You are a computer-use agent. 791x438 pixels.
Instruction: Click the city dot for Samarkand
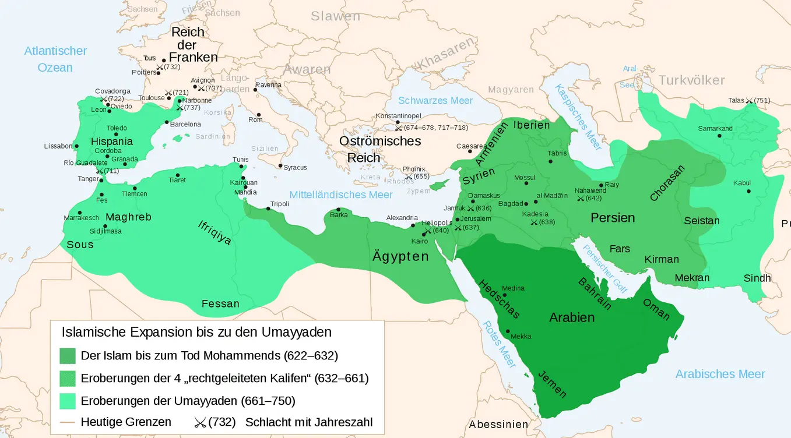click(719, 136)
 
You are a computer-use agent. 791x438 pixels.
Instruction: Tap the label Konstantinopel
click(398, 116)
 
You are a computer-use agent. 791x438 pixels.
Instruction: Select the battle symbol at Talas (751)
click(749, 101)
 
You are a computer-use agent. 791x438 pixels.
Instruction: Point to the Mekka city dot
click(508, 331)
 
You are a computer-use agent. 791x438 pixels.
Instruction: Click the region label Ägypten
click(400, 256)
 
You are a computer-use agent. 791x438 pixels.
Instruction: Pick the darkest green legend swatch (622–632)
click(68, 355)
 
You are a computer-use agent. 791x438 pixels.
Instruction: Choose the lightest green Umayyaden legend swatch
click(68, 401)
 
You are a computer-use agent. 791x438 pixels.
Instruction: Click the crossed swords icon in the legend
click(200, 422)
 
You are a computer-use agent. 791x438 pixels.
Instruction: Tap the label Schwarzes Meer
click(435, 100)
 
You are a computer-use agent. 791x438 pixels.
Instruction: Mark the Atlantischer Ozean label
click(55, 59)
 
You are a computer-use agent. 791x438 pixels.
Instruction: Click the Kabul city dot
click(748, 191)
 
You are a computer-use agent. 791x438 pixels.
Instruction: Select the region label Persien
click(613, 218)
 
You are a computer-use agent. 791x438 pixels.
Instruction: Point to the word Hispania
click(111, 141)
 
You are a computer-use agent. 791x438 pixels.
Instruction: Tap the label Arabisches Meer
click(720, 374)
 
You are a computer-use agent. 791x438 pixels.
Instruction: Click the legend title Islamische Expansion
click(196, 332)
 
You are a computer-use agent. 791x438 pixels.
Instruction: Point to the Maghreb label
click(128, 217)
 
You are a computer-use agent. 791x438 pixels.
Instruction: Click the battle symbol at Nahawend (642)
click(581, 199)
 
